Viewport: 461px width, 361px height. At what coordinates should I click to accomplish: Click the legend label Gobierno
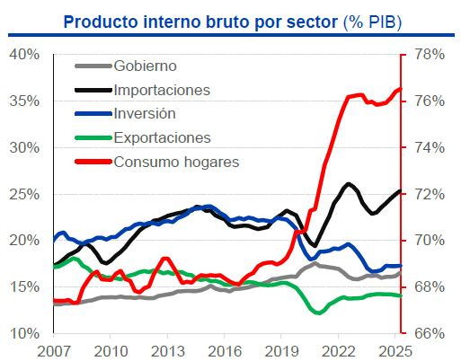tap(145, 66)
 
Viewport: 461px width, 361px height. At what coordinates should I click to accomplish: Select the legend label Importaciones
tap(162, 90)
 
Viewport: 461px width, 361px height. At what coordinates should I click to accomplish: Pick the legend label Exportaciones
tap(163, 137)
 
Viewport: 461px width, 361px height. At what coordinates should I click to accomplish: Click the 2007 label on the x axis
tap(53, 349)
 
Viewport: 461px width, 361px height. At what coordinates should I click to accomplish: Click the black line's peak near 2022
tap(347, 184)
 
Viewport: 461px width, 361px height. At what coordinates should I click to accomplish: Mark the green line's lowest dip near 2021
tap(317, 313)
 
